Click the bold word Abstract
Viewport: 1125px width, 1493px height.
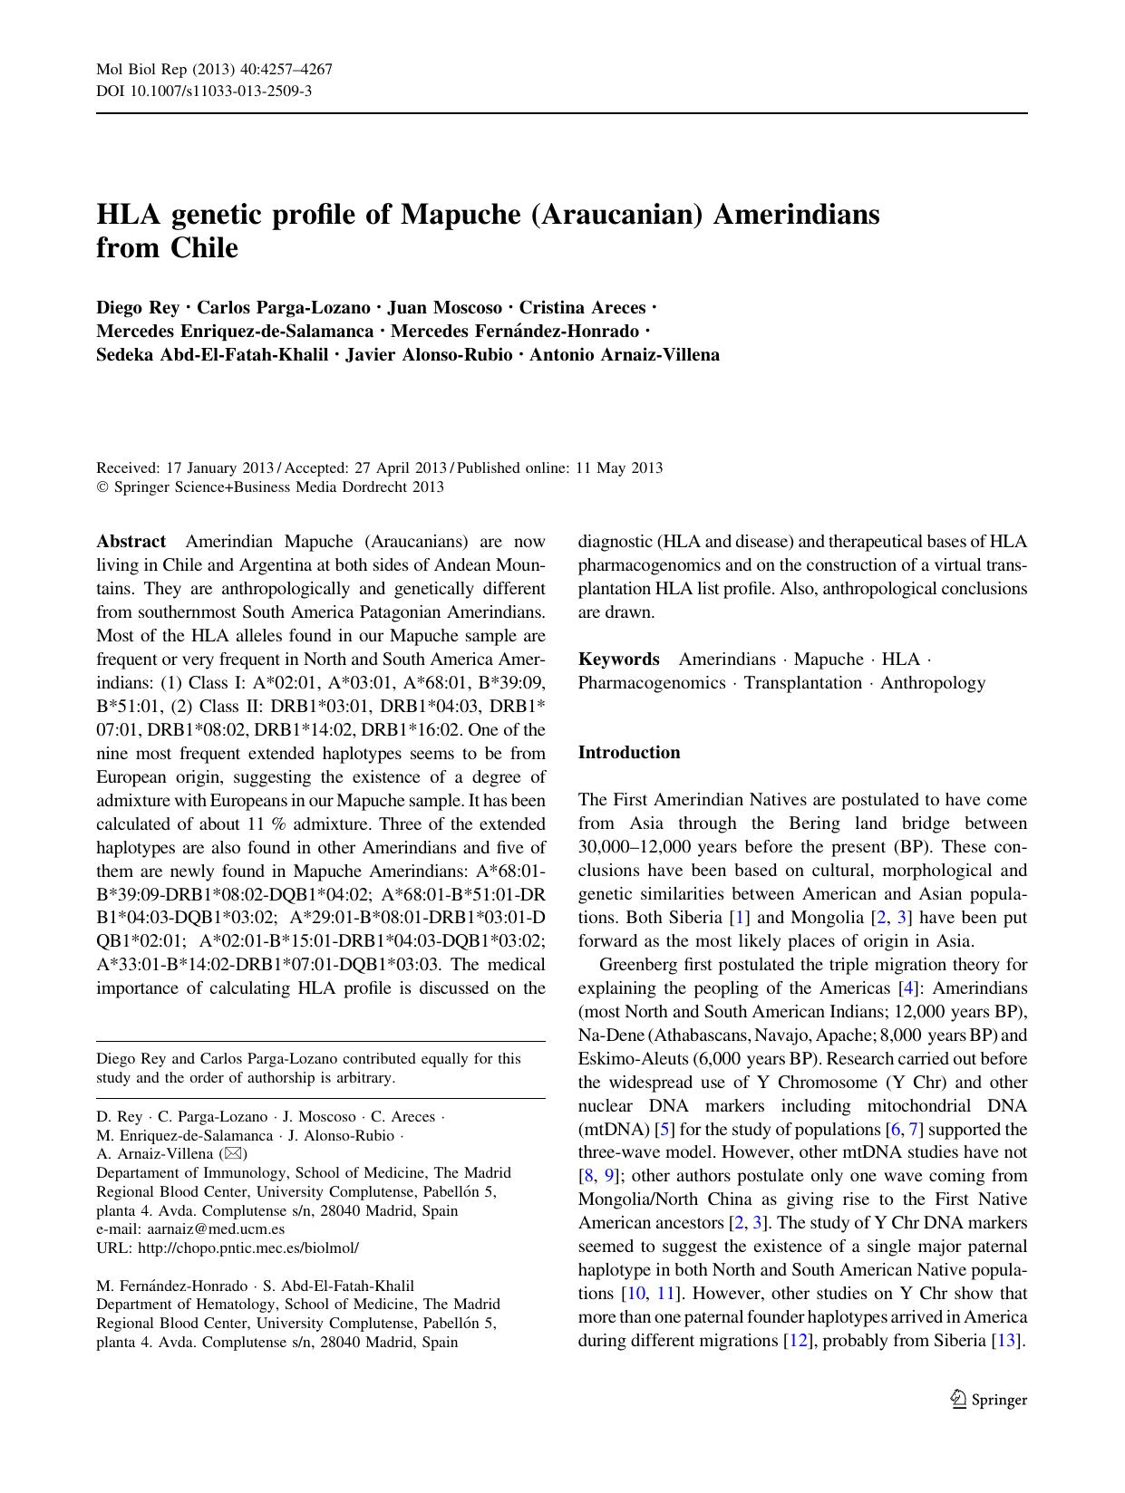(131, 542)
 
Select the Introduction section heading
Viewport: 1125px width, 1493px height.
(628, 752)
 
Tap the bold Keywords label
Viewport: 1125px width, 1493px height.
(618, 659)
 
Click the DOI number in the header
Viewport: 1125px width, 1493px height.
(218, 91)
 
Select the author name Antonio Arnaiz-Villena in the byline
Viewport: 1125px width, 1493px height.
(624, 355)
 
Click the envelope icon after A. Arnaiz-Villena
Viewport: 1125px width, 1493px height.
(233, 1154)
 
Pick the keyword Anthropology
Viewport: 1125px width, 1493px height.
(933, 682)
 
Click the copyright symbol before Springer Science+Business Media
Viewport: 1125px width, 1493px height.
(102, 487)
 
